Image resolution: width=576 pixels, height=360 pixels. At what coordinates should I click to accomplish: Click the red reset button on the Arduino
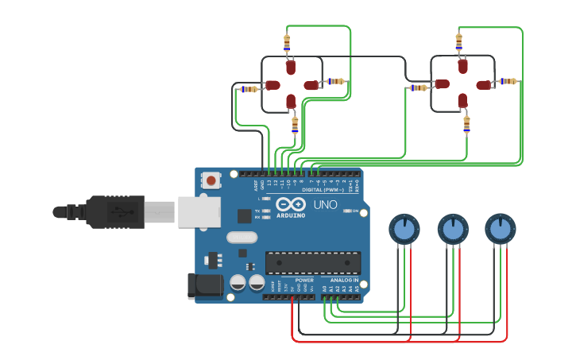(211, 180)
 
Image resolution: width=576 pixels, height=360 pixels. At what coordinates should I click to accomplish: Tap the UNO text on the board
(325, 205)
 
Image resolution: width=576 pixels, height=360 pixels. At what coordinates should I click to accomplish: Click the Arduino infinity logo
(291, 203)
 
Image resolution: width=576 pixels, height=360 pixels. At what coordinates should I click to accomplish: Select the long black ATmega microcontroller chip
(312, 262)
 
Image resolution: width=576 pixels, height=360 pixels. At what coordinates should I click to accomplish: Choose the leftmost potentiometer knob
(404, 230)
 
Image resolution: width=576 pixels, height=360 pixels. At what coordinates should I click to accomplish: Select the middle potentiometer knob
(452, 230)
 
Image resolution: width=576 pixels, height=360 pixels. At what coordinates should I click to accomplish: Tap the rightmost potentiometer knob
(500, 230)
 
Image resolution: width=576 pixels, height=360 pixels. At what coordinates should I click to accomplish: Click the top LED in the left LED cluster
(291, 68)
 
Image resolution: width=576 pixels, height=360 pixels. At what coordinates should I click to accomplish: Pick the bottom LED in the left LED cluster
(291, 101)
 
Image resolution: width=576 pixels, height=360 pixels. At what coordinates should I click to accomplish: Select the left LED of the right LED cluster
(442, 84)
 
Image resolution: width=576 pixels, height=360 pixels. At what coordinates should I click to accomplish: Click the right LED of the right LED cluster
(484, 84)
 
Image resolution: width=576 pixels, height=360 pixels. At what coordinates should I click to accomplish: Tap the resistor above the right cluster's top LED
(458, 41)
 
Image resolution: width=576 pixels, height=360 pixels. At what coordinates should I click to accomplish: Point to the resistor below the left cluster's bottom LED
(295, 124)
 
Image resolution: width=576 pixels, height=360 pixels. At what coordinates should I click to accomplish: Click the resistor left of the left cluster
(249, 89)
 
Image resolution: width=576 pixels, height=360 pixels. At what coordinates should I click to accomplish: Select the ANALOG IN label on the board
(344, 281)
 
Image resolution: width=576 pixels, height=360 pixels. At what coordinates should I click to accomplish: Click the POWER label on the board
(304, 281)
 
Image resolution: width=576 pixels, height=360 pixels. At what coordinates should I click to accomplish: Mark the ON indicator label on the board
(354, 211)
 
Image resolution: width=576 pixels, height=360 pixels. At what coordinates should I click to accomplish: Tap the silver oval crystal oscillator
(242, 237)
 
